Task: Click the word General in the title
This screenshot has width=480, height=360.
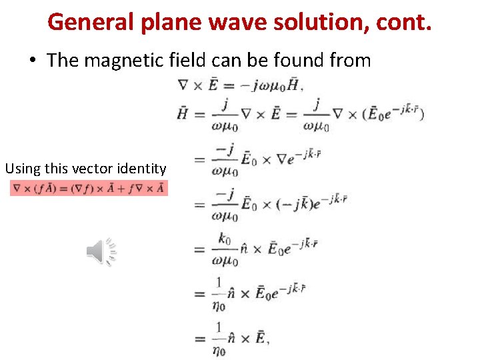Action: (91, 22)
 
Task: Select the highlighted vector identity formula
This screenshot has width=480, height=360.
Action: (89, 189)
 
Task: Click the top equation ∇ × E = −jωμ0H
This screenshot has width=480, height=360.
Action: (241, 85)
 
